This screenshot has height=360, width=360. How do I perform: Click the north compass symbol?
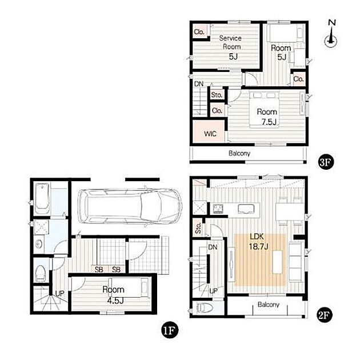click(x=331, y=34)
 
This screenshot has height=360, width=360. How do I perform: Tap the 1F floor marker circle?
click(x=170, y=331)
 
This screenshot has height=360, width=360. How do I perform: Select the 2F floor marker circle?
click(x=325, y=315)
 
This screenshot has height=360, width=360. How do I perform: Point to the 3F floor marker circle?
click(x=325, y=162)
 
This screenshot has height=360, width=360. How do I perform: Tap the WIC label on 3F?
click(x=210, y=134)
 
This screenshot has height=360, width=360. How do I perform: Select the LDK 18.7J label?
click(x=258, y=241)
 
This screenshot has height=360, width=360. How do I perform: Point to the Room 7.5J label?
click(x=267, y=117)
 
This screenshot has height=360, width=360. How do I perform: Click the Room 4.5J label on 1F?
click(x=114, y=295)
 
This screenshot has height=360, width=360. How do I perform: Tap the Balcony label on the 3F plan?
click(x=239, y=153)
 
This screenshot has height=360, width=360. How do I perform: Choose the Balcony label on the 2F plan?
click(x=269, y=305)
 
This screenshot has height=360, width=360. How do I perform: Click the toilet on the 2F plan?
click(x=204, y=307)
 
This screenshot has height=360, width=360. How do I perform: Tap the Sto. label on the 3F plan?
click(x=217, y=95)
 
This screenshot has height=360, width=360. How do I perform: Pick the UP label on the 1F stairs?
click(x=59, y=293)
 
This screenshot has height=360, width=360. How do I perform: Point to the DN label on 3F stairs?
click(x=199, y=84)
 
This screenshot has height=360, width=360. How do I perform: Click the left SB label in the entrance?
click(x=99, y=269)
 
